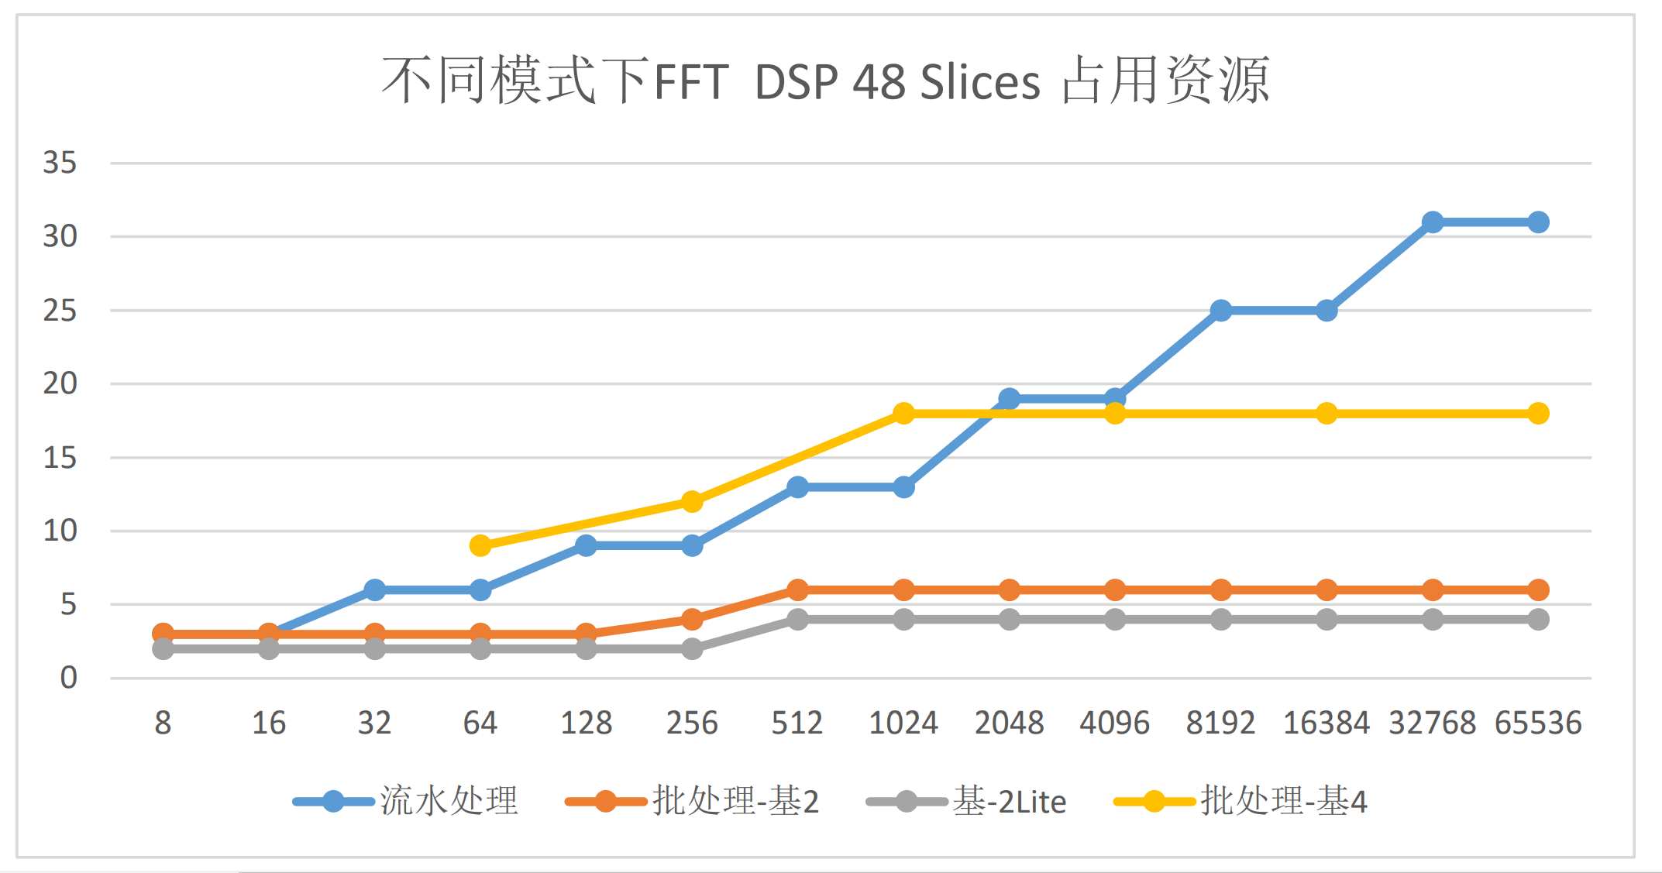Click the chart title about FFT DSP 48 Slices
(826, 81)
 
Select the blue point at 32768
(1433, 222)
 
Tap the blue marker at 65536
(1538, 222)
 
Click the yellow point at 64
(480, 545)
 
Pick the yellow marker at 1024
(903, 413)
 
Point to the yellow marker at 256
(692, 501)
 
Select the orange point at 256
(692, 619)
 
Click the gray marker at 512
(798, 619)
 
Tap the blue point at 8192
(1221, 311)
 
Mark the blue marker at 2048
(1009, 399)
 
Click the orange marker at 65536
(1538, 589)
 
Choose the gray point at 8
(163, 648)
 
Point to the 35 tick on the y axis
(60, 163)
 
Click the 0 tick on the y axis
(68, 678)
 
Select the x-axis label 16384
(1326, 723)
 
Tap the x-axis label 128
(586, 723)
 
